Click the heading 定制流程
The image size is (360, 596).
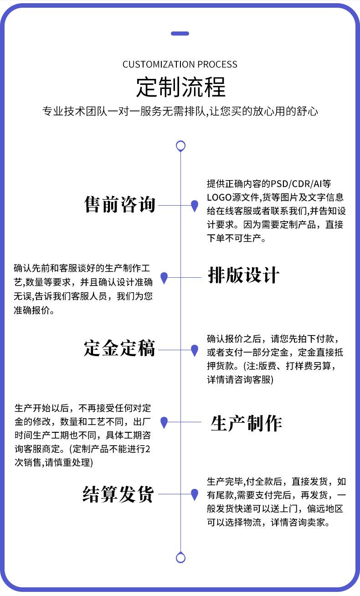180,87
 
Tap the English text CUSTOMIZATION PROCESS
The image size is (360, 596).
180,64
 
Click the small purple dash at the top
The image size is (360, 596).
180,33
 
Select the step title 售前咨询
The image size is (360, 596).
120,205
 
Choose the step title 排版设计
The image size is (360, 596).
243,275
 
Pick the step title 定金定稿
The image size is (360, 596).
120,348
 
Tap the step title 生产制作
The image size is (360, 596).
246,424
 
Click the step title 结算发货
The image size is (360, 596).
118,494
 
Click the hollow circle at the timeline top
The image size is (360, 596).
180,146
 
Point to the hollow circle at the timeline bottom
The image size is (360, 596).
180,557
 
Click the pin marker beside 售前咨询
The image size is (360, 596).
195,206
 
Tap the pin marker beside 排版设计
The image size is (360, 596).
165,277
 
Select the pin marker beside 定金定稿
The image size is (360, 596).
195,350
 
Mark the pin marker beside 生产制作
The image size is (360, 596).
165,422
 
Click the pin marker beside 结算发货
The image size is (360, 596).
195,494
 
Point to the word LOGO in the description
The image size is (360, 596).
218,197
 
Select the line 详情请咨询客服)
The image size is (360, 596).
240,379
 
